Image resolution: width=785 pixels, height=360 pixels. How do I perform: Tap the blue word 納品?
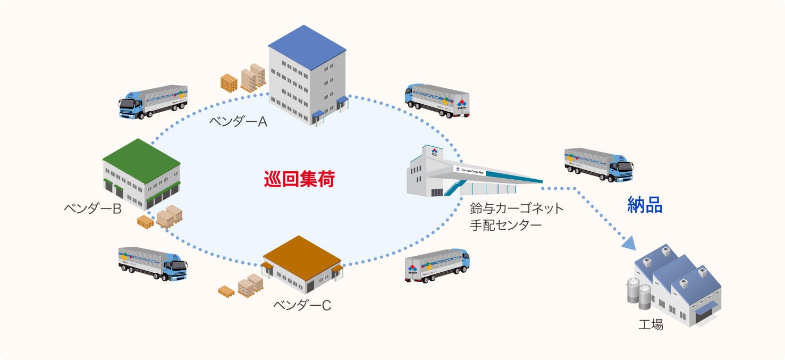(x=645, y=205)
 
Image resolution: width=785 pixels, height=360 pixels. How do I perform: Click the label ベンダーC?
(x=302, y=305)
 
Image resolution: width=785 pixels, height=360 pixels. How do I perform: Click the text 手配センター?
(x=505, y=225)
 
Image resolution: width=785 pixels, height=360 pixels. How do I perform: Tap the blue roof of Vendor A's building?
(x=307, y=46)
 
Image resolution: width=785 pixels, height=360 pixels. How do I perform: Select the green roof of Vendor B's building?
(x=141, y=157)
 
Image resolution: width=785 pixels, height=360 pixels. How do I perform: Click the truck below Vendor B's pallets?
(x=153, y=263)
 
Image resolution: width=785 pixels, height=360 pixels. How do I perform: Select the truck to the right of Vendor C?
(x=437, y=264)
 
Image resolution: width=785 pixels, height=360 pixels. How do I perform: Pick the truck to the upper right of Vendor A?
(x=437, y=99)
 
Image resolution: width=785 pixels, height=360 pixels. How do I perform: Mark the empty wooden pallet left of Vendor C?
(x=226, y=291)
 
